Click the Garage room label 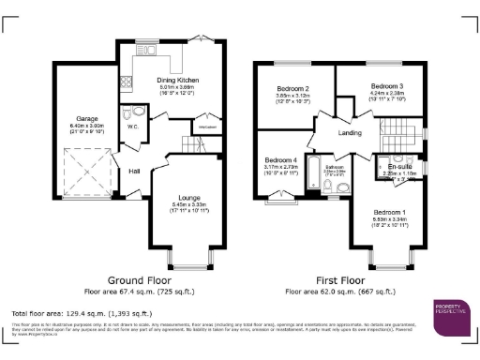(77, 118)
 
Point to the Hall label (134, 171)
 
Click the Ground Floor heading (139, 280)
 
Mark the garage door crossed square (83, 174)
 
